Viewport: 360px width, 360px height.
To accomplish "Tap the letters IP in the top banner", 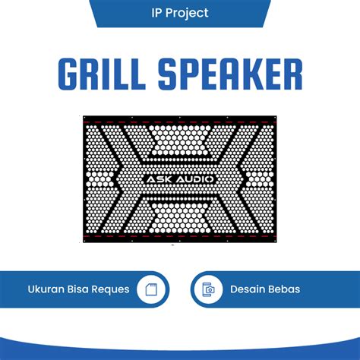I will [156, 13].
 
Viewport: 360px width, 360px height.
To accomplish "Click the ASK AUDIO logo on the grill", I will [179, 179].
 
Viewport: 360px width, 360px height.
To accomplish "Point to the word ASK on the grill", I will [158, 179].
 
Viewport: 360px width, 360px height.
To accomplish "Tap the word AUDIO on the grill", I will [194, 179].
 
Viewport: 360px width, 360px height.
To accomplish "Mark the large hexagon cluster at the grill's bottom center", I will [179, 219].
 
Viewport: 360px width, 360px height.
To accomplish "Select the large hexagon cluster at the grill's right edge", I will [262, 179].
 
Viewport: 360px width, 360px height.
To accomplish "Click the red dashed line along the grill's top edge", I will [179, 121].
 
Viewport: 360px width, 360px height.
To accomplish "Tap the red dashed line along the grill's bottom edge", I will [179, 237].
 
